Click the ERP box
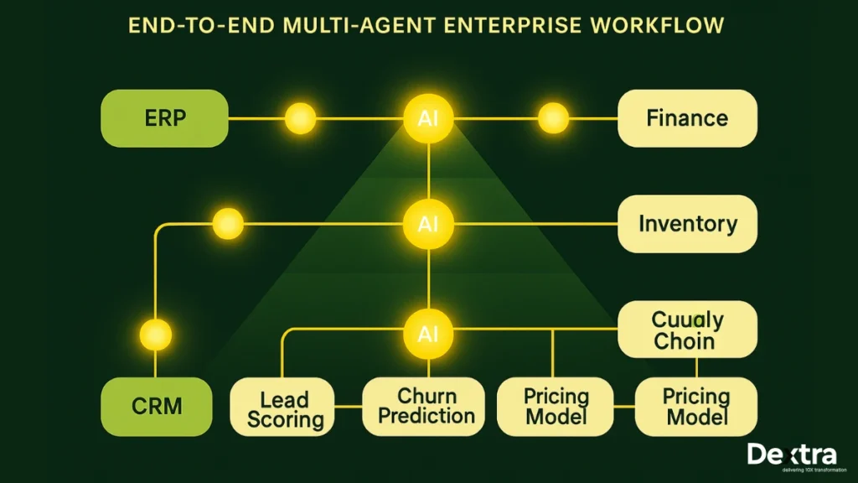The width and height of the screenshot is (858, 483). click(x=164, y=118)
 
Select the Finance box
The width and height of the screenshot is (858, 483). click(x=687, y=118)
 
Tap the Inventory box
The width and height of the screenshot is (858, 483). click(x=687, y=224)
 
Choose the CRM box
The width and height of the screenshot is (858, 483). click(x=157, y=406)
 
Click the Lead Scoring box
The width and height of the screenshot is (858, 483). click(x=284, y=408)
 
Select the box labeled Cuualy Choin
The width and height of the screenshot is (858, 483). click(x=687, y=330)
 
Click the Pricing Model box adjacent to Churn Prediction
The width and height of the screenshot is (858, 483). click(x=556, y=406)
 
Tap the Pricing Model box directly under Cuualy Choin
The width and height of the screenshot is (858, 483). click(x=695, y=406)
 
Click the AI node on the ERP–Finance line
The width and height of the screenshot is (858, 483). click(x=428, y=118)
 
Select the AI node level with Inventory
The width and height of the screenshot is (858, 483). click(x=428, y=224)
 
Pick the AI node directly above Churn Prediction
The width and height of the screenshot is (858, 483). click(x=428, y=334)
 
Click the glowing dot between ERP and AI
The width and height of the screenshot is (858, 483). click(x=300, y=118)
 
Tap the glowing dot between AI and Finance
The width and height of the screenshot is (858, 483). click(x=553, y=118)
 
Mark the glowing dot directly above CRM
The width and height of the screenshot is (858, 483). click(x=155, y=334)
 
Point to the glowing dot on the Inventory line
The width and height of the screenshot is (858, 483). click(x=228, y=224)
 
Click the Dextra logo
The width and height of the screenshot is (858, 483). click(x=791, y=455)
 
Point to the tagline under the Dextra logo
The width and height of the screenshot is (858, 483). click(x=791, y=470)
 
